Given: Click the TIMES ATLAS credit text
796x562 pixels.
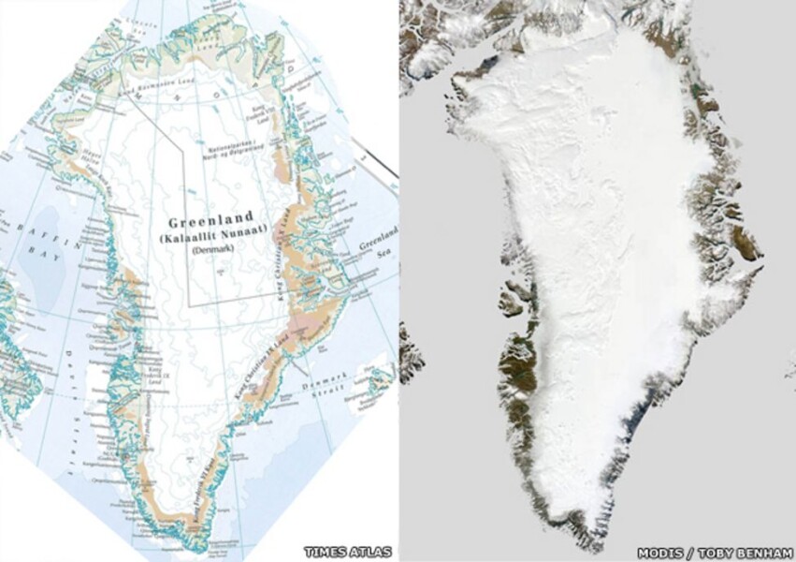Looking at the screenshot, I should (x=347, y=552).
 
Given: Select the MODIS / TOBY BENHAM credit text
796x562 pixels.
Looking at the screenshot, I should (x=715, y=552).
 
